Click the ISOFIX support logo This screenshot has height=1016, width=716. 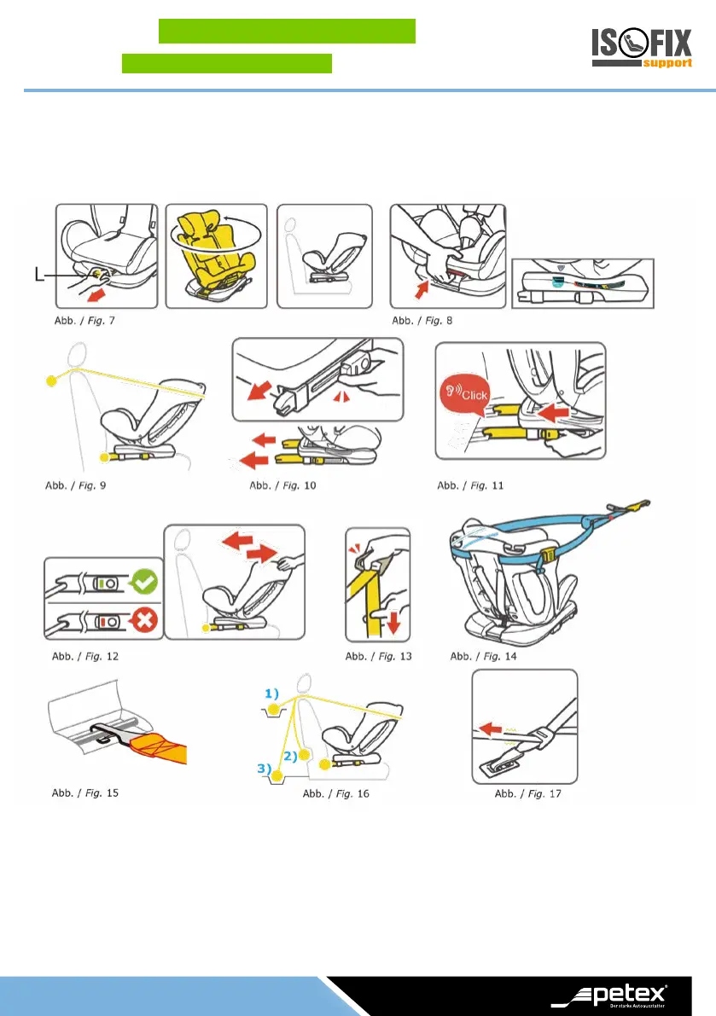641,49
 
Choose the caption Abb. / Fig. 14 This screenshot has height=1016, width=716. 483,656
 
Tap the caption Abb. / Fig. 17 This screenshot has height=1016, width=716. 527,793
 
